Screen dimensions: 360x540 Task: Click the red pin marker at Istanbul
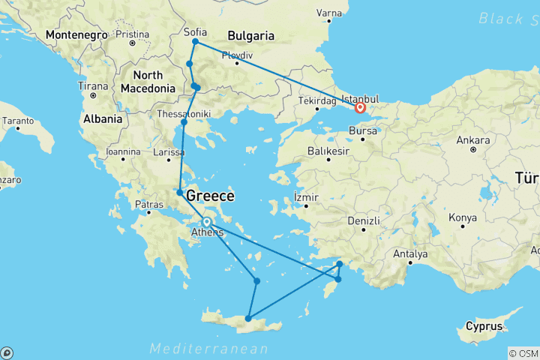[360, 107]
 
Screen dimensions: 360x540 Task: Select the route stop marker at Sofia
[195, 42]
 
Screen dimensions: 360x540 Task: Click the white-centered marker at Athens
[206, 221]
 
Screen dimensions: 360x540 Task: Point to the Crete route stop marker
[248, 319]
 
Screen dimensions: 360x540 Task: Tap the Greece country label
[210, 196]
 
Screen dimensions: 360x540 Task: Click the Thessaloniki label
[184, 113]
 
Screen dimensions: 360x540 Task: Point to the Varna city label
[328, 13]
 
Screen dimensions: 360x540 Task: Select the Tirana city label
[94, 86]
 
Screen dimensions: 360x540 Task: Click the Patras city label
[148, 204]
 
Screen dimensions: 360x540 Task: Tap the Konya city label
[461, 218]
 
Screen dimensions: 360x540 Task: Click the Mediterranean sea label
[208, 349]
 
